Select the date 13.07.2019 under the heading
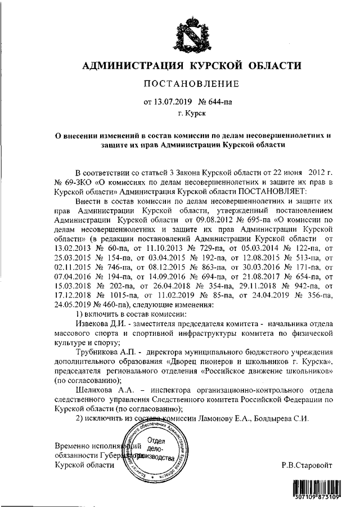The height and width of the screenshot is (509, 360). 170,102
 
